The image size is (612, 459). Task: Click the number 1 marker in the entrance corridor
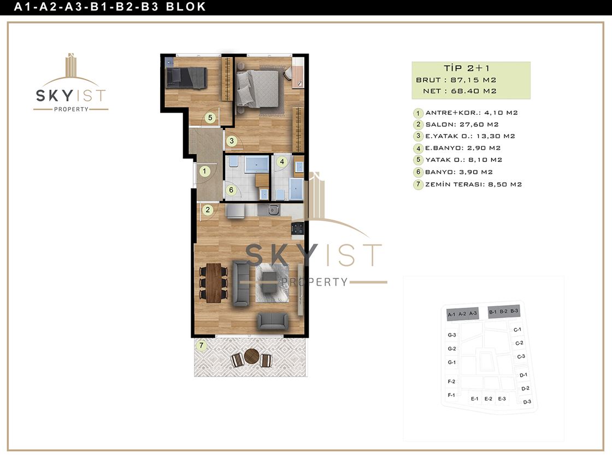pyautogui.click(x=204, y=171)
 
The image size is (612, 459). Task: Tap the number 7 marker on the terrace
pyautogui.click(x=202, y=345)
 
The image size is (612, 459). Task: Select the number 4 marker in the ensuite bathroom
pyautogui.click(x=282, y=161)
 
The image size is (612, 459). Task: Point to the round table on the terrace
pyautogui.click(x=252, y=356)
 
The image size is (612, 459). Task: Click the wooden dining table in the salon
pyautogui.click(x=214, y=283)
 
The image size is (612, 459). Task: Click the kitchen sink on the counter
pyautogui.click(x=274, y=210)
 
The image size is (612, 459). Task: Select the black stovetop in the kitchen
pyautogui.click(x=298, y=228)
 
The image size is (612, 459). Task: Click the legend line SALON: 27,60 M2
pyautogui.click(x=462, y=125)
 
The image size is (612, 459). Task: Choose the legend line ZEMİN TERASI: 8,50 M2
pyautogui.click(x=473, y=184)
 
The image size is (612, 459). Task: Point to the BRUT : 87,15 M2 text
pyautogui.click(x=456, y=80)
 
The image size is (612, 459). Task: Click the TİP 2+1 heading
pyautogui.click(x=467, y=68)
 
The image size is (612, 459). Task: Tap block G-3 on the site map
pyautogui.click(x=451, y=335)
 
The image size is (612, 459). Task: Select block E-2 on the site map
pyautogui.click(x=489, y=398)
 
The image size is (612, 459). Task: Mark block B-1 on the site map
pyautogui.click(x=493, y=312)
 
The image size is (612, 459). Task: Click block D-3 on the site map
pyautogui.click(x=527, y=402)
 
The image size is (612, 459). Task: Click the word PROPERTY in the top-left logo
pyautogui.click(x=71, y=109)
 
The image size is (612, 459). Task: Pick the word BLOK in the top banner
pyautogui.click(x=186, y=7)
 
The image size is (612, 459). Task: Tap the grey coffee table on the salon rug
pyautogui.click(x=269, y=282)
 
